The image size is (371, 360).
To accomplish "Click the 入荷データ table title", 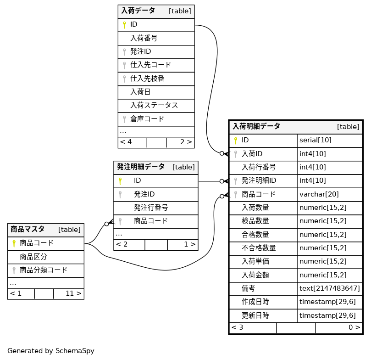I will [138, 11].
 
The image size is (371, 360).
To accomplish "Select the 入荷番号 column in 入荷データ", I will [144, 38].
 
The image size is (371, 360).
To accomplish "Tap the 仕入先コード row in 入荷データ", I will [150, 65].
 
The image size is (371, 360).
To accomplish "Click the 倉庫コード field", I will [147, 119].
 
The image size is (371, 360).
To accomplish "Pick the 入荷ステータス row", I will [154, 106].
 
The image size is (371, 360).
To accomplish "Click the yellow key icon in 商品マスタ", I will [14, 243].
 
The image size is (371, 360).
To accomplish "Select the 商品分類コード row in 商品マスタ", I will [44, 270].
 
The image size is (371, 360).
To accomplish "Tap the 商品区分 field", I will [33, 257].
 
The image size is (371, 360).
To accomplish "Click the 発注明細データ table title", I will [140, 167].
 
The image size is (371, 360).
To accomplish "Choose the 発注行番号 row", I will [151, 208].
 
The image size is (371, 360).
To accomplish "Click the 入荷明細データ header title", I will [256, 126].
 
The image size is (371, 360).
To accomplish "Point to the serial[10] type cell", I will [315, 141].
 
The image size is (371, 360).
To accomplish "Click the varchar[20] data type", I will [319, 194].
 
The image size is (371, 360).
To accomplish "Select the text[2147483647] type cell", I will [329, 289].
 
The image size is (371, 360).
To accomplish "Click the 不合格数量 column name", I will [259, 248].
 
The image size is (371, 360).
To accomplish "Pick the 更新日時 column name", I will [255, 316].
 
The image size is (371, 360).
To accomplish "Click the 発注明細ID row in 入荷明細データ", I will [259, 181].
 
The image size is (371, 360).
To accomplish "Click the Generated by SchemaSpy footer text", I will [51, 351].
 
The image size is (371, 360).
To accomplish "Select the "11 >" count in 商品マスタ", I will [73, 293].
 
